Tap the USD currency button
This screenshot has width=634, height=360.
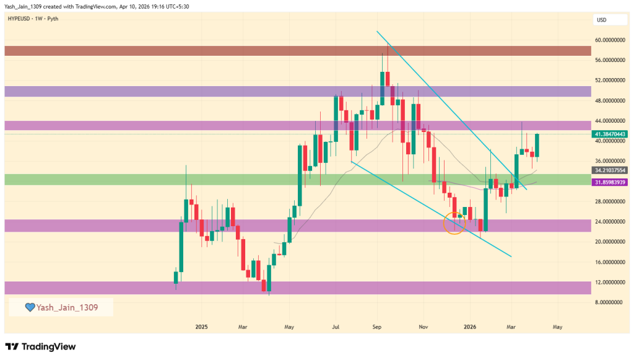601,20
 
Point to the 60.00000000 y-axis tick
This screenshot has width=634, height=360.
609,40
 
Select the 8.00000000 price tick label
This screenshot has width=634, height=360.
608,302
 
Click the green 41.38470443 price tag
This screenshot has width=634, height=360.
610,134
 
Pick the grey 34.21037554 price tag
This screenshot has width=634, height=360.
610,170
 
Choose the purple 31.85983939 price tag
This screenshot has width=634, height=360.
610,182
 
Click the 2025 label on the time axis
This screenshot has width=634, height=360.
201,326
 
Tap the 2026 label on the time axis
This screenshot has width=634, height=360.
470,326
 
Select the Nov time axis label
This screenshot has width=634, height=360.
423,326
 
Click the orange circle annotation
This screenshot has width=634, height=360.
454,222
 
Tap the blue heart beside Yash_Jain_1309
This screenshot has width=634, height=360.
29,307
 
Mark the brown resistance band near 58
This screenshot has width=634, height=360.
297,50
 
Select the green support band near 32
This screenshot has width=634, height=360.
297,179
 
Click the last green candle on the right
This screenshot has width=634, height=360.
537,146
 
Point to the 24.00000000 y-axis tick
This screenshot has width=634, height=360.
609,222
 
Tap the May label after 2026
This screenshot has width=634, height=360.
557,326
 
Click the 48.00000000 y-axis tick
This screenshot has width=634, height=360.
609,100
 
